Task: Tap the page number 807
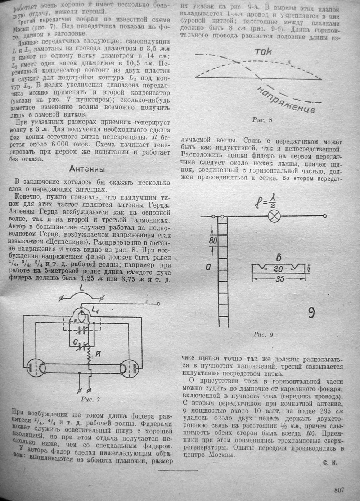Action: (x=339, y=489)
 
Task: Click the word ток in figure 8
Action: (x=263, y=52)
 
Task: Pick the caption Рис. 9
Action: (x=264, y=334)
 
